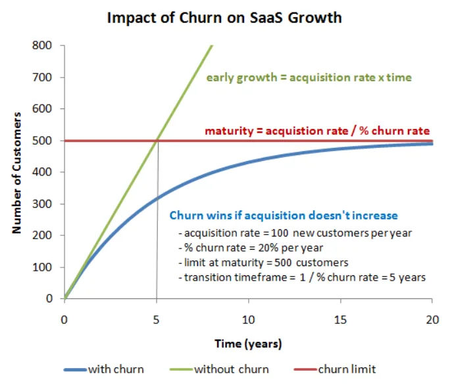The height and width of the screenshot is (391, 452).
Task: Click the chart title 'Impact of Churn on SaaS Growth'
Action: pyautogui.click(x=224, y=18)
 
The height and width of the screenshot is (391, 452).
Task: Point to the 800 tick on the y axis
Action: pyautogui.click(x=45, y=46)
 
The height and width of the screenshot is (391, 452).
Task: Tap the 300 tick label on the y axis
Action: pyautogui.click(x=45, y=204)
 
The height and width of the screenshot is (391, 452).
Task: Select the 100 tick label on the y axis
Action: pyautogui.click(x=45, y=267)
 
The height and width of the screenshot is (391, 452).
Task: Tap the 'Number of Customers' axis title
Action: pyautogui.click(x=17, y=173)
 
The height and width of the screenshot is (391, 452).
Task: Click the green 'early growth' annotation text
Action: pyautogui.click(x=309, y=78)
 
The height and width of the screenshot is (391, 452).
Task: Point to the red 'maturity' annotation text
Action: pyautogui.click(x=318, y=131)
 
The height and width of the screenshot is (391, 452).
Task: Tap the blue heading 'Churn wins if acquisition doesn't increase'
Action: pyautogui.click(x=284, y=215)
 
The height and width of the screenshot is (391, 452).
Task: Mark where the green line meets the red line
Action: pyautogui.click(x=157, y=141)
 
